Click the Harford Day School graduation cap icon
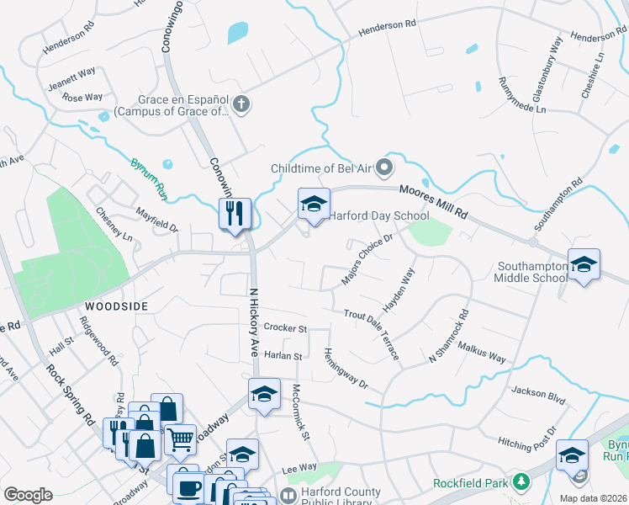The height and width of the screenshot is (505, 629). click(x=314, y=204)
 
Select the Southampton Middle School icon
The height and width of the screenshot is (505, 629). click(x=583, y=265)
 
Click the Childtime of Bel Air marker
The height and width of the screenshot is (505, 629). click(x=384, y=167)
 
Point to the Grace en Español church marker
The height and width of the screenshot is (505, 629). click(x=241, y=105)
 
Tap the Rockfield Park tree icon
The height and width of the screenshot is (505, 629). click(x=521, y=482)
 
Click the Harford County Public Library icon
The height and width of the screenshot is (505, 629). click(x=288, y=496)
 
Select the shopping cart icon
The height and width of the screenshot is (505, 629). click(x=181, y=437)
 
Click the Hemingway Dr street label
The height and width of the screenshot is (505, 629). click(x=346, y=368)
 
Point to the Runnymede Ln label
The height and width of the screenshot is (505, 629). click(x=521, y=96)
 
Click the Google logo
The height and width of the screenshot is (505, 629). click(x=28, y=494)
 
